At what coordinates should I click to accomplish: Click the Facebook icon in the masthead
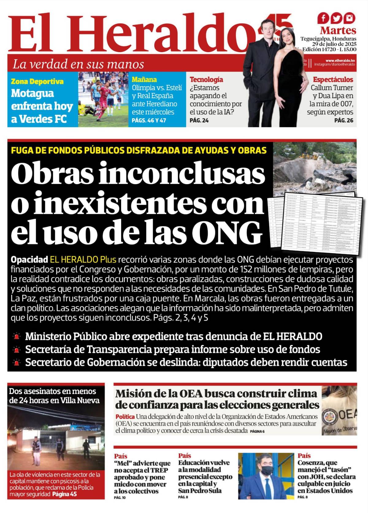(323, 18)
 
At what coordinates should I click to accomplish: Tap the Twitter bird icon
(336, 18)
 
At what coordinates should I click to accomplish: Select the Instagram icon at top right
(350, 18)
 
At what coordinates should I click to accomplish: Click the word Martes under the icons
(338, 30)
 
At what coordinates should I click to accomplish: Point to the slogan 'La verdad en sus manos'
(78, 64)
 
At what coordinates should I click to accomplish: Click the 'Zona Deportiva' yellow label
(37, 82)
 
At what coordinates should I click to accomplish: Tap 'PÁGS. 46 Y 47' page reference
(149, 120)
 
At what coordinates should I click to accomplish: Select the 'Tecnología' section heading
(206, 80)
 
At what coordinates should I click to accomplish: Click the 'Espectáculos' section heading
(333, 80)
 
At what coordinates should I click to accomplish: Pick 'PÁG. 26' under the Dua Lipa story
(343, 120)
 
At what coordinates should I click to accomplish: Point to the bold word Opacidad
(29, 260)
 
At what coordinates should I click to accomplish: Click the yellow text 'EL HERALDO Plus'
(83, 260)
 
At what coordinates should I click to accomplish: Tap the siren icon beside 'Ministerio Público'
(17, 336)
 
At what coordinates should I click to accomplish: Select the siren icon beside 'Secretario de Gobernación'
(17, 363)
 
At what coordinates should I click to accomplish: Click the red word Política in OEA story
(125, 417)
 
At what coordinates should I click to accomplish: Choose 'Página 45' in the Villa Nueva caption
(64, 494)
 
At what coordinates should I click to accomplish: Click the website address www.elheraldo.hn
(340, 61)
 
